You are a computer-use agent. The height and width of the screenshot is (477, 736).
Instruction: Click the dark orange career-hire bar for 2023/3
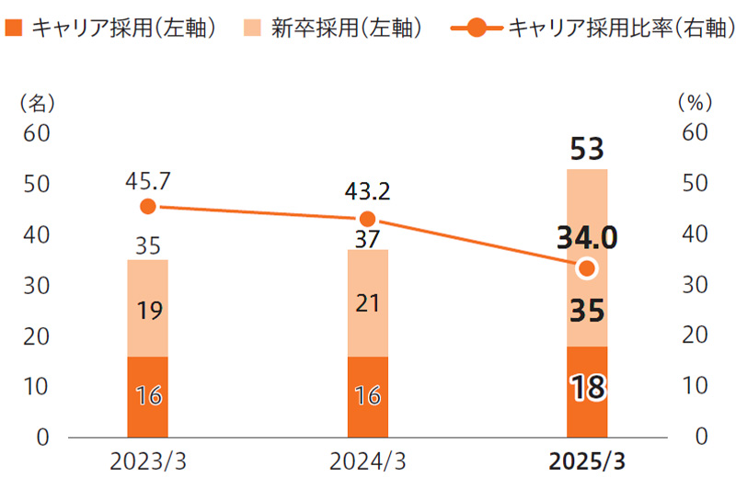(147, 396)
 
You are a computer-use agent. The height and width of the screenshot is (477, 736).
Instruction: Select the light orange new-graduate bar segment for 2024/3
(367, 302)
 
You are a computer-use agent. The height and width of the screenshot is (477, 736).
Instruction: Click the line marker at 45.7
(148, 207)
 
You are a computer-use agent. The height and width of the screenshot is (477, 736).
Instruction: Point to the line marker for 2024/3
(367, 219)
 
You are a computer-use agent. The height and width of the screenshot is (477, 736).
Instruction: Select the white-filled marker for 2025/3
(587, 268)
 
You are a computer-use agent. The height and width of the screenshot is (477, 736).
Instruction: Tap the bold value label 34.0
(587, 239)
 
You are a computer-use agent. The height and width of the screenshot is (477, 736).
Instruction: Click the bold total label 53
(587, 148)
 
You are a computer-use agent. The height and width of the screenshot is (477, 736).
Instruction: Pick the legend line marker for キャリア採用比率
(476, 28)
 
